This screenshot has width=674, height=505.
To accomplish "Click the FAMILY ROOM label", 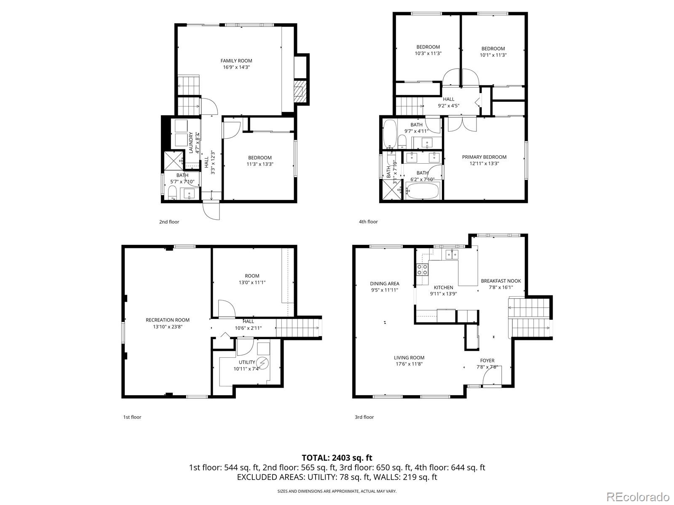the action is coord(236,61).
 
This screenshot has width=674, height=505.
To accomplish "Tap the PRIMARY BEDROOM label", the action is coord(484,157).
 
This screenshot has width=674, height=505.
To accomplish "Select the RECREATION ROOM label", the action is coord(168,320).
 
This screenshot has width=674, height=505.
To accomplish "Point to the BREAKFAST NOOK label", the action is coord(501,281).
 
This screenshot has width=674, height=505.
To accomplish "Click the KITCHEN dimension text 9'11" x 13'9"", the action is coord(444,294).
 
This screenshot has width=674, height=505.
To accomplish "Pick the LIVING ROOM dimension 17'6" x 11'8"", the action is coord(409,364).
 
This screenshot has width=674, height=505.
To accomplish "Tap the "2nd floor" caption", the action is coord(169,222).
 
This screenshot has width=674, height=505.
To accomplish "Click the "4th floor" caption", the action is coord(368,222).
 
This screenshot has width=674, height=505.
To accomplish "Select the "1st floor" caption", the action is coord(132,417).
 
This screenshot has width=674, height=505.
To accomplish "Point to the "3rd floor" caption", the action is coord(364,417).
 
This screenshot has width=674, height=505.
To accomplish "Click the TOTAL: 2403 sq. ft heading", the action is coord(337,458).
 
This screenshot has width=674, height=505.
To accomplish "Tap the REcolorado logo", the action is coord(639,496).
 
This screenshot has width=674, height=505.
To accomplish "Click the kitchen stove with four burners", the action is coord(422,270).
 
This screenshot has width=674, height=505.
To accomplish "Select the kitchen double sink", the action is coord(452,254).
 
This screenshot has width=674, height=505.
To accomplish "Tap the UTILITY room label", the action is coord(247,362).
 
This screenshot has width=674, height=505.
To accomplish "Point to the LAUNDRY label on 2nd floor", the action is coord(191,143).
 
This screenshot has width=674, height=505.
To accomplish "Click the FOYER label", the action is coord(487,361).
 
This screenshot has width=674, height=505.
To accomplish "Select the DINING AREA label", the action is coord(385,284).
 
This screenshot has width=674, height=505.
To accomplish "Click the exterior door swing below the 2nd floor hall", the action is coord(211,211).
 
